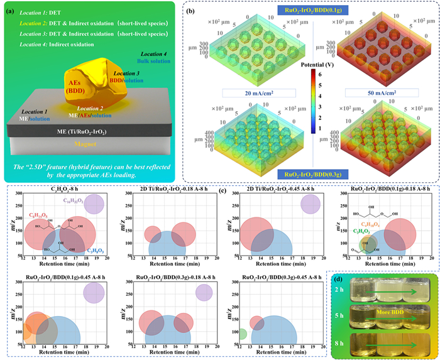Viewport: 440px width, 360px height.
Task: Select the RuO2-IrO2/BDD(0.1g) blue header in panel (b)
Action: pos(311,11)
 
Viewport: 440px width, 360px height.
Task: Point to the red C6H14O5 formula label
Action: pos(38,215)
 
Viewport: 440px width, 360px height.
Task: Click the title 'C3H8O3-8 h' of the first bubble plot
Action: pos(63,188)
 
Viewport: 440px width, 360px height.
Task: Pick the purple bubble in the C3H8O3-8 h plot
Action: pos(94,204)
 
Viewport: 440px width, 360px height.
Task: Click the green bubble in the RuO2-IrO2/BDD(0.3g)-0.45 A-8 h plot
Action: pos(241,333)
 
